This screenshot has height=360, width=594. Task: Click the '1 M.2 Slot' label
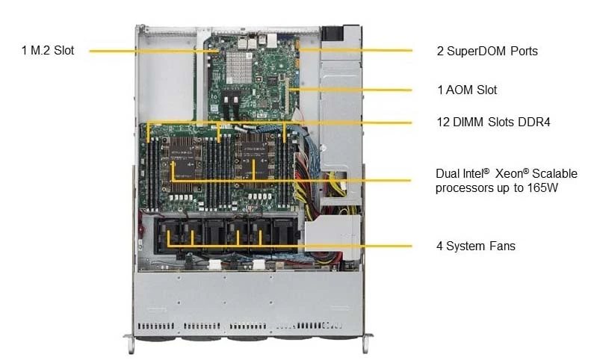[x=48, y=50]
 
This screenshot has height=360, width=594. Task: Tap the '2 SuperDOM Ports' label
[x=487, y=51]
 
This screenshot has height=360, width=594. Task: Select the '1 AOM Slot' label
[x=467, y=90]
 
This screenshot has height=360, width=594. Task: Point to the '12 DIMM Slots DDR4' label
[x=493, y=122]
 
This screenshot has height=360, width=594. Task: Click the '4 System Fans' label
[x=476, y=246]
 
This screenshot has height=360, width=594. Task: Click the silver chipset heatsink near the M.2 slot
[x=238, y=67]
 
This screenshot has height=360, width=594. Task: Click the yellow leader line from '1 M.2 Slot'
[x=154, y=51]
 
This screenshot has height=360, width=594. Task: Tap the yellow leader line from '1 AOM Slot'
[x=350, y=90]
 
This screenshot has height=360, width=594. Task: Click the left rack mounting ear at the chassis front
[x=130, y=342]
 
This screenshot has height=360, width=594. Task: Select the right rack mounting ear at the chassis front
[x=365, y=342]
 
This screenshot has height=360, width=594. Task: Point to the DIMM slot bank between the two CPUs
[x=219, y=171]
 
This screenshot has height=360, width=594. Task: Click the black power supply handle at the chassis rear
[x=332, y=33]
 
